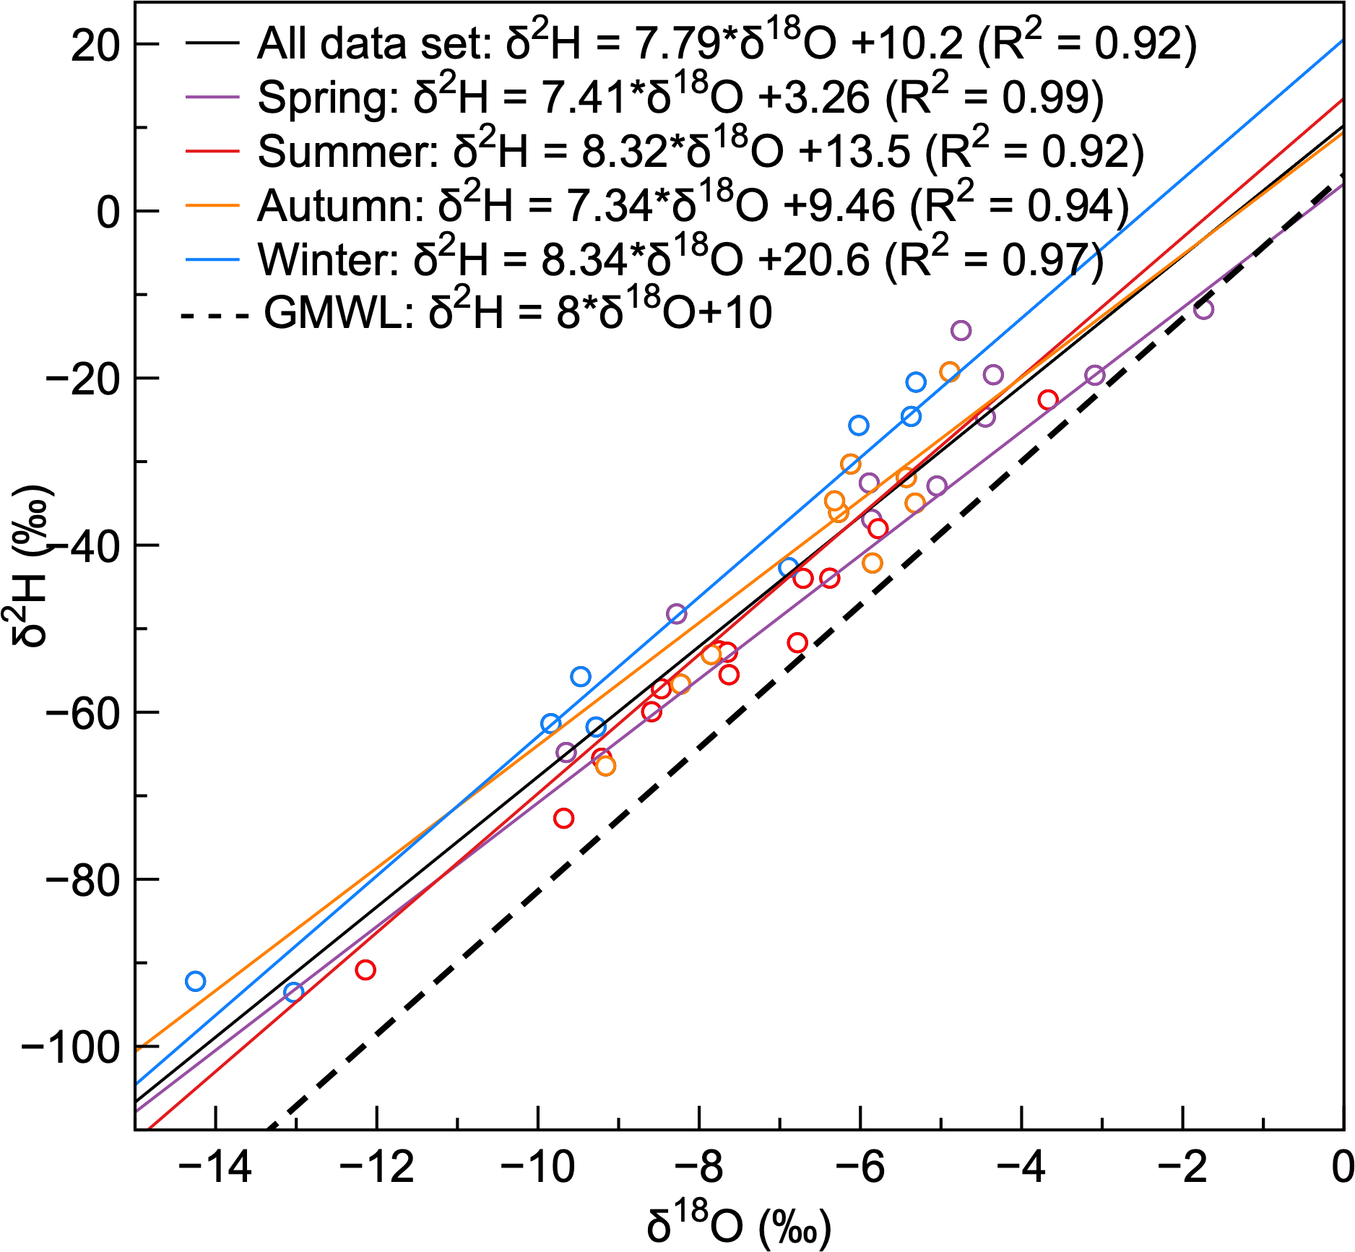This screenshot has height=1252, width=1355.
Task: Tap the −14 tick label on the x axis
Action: click(x=215, y=1168)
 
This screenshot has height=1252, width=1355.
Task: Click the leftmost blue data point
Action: click(x=195, y=981)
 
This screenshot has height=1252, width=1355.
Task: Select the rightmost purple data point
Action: click(x=1203, y=309)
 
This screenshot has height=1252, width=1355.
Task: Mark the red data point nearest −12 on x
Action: click(x=365, y=970)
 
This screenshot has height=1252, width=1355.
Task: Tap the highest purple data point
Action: click(x=961, y=330)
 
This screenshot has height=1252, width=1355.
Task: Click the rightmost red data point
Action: click(x=1048, y=400)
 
